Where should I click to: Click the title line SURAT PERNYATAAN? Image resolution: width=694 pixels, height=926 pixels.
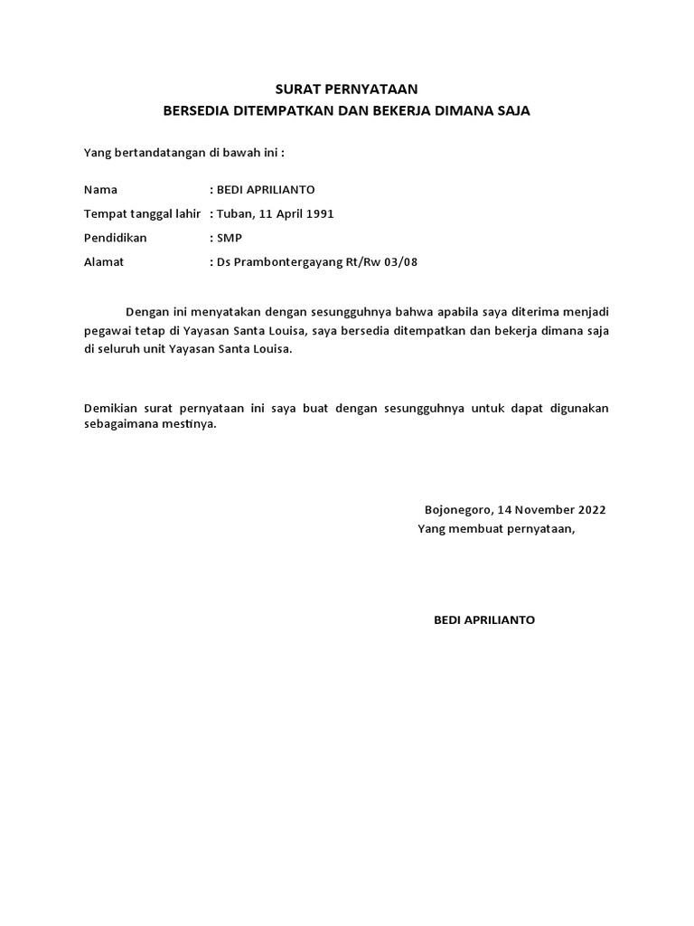(x=347, y=90)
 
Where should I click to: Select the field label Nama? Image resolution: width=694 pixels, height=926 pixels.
(x=100, y=190)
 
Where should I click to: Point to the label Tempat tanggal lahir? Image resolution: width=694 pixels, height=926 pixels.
(x=142, y=214)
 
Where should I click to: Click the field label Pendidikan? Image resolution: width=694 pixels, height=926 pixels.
(x=115, y=238)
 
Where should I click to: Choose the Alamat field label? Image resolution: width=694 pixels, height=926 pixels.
(x=103, y=262)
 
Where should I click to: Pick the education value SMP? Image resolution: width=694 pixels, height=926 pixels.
(x=230, y=238)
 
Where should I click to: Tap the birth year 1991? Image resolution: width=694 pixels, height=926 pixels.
(x=319, y=214)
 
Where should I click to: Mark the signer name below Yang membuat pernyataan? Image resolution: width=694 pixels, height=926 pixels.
(x=484, y=619)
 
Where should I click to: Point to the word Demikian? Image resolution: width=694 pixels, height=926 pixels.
(x=109, y=409)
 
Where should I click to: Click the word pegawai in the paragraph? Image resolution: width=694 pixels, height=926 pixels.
(x=107, y=331)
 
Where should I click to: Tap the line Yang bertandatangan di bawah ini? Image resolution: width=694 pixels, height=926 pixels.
(x=184, y=153)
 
